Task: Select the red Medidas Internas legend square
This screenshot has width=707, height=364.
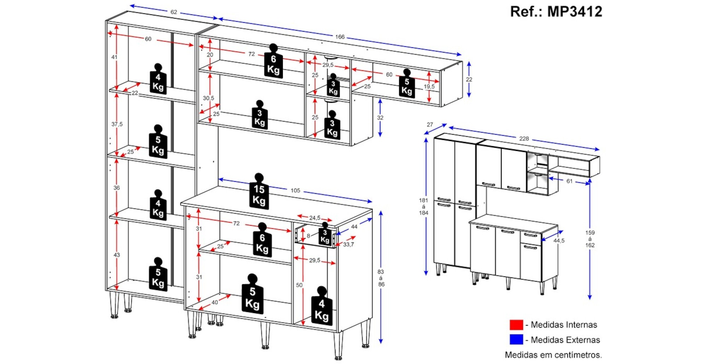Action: click(x=516, y=325)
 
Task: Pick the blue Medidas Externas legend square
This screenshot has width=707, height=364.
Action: click(x=516, y=340)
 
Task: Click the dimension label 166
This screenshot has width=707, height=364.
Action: click(x=340, y=36)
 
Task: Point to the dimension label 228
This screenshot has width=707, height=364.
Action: click(x=524, y=138)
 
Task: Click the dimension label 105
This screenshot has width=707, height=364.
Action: click(x=295, y=190)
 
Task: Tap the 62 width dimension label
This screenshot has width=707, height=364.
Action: click(x=174, y=12)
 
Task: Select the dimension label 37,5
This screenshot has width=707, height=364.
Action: click(x=117, y=124)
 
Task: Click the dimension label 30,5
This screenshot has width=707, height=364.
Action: click(x=208, y=98)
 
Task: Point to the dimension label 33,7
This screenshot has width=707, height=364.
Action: click(x=348, y=244)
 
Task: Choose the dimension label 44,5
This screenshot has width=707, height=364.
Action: click(x=559, y=241)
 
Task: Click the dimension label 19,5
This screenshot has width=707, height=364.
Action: click(x=429, y=86)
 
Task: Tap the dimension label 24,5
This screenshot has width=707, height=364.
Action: click(x=315, y=218)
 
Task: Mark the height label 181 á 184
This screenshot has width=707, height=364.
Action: click(x=423, y=206)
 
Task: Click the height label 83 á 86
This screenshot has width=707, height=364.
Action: click(x=381, y=278)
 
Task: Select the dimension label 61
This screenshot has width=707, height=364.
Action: click(x=569, y=181)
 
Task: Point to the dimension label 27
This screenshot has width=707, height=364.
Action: click(x=430, y=125)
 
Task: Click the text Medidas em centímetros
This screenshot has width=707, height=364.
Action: click(x=553, y=355)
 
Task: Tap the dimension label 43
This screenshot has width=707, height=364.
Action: click(x=117, y=255)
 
